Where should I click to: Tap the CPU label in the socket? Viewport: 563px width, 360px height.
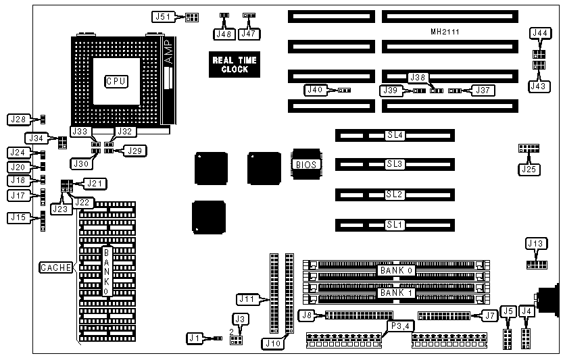116,81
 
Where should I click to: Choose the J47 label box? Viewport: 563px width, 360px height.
250,32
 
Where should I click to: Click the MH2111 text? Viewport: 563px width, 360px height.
445,32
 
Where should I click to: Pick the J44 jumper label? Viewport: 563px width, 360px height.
541,32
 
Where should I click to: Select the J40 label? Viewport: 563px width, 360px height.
315,89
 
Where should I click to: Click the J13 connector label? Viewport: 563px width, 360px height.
535,243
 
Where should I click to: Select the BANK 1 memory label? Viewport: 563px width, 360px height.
395,292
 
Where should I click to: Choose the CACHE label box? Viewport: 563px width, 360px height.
56,267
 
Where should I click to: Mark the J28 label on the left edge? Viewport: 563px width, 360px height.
18,120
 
